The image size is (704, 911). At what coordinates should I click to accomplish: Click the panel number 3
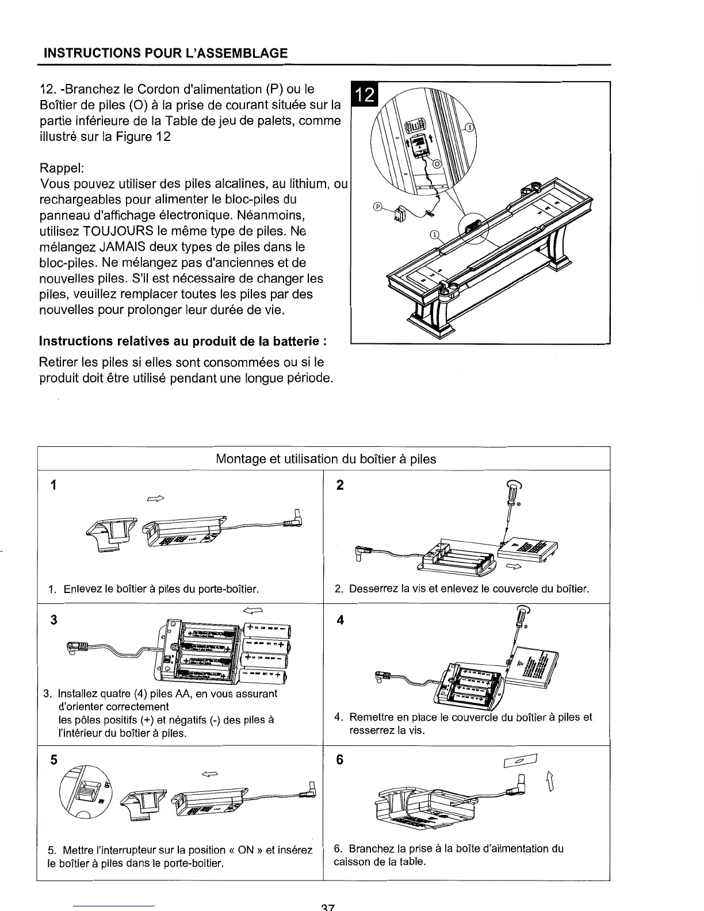pyautogui.click(x=54, y=620)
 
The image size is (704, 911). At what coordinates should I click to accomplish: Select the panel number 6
pyautogui.click(x=339, y=760)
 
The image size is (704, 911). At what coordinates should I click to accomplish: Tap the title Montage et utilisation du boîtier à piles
pyautogui.click(x=326, y=460)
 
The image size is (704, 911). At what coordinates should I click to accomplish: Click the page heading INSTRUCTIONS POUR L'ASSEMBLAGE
pyautogui.click(x=166, y=54)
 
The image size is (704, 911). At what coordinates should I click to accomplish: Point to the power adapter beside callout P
pyautogui.click(x=401, y=215)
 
